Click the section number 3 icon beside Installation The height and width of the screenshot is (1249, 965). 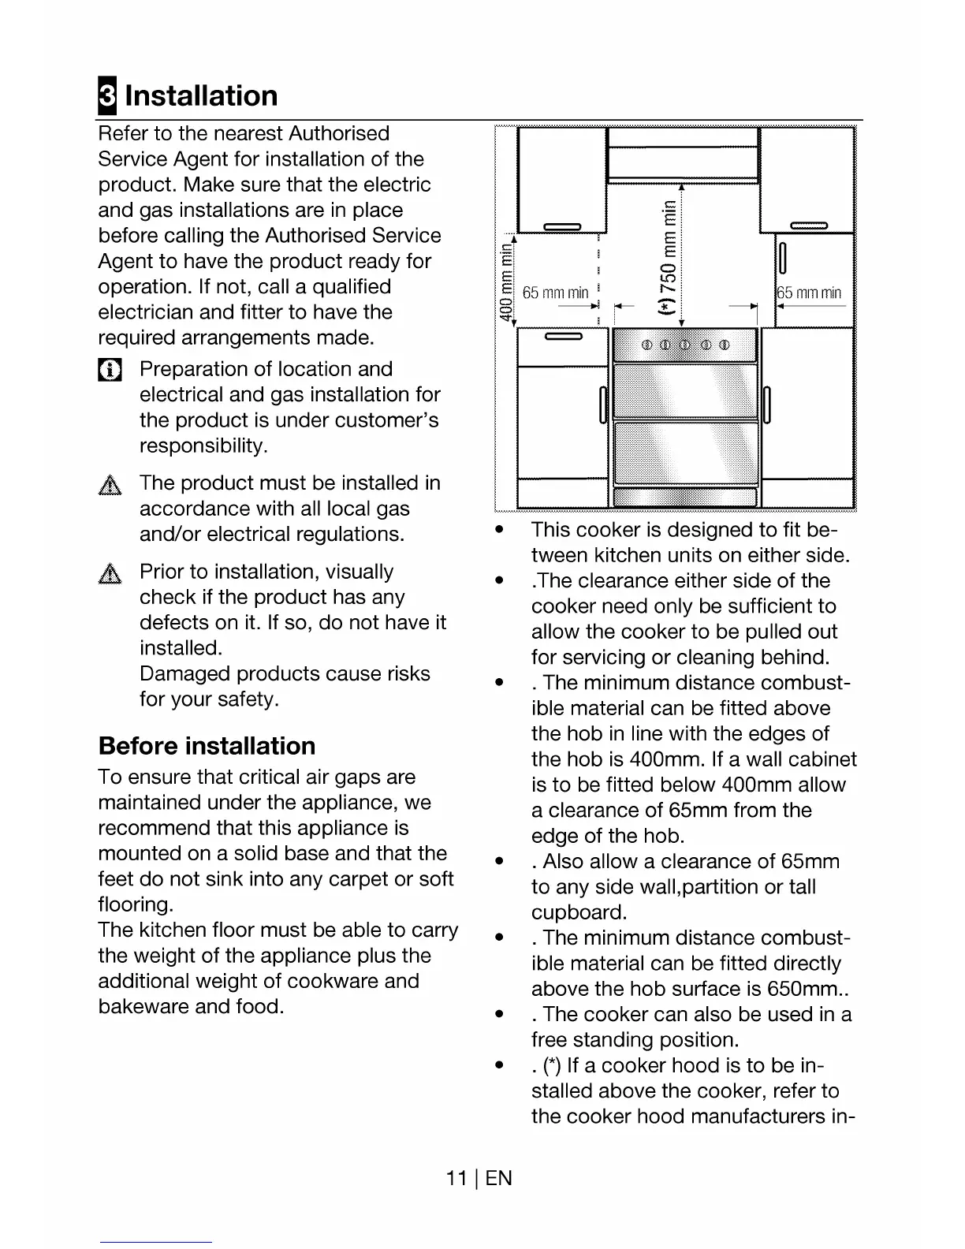click(x=106, y=96)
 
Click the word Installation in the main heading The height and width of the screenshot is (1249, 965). click(x=201, y=95)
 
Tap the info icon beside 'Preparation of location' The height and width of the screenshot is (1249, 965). click(x=110, y=370)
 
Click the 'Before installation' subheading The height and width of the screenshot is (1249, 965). click(x=207, y=746)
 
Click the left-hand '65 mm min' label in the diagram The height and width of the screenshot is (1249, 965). click(x=555, y=293)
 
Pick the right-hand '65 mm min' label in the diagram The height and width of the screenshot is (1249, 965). click(x=810, y=293)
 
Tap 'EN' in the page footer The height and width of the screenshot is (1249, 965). click(x=499, y=1178)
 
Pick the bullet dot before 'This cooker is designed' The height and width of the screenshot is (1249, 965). click(x=498, y=530)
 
